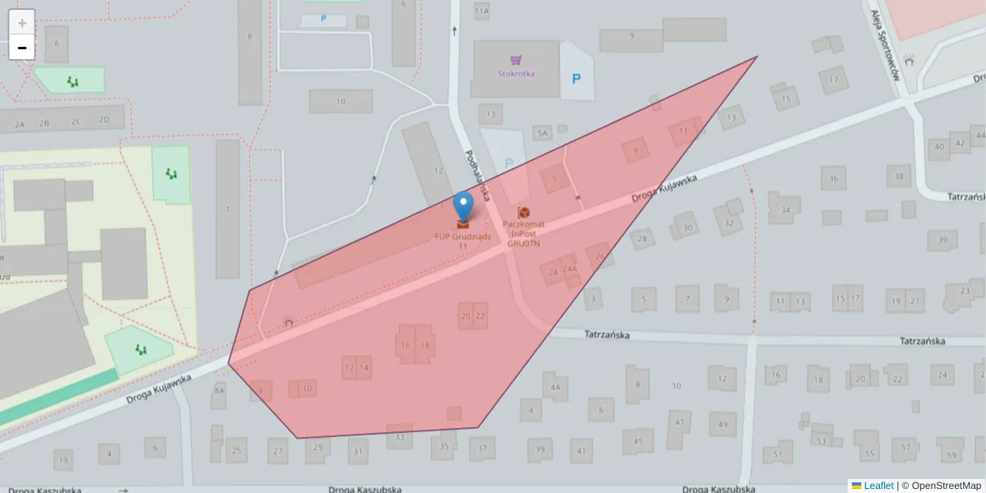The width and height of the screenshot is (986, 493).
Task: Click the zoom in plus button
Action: point(22,22)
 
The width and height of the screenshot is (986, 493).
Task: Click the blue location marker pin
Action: point(463,205)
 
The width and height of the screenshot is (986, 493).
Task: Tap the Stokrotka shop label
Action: point(516,73)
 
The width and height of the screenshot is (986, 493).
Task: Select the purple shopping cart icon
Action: point(516,59)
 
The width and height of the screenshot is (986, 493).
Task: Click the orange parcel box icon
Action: point(523,213)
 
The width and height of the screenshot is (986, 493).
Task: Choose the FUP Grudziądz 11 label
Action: point(463,241)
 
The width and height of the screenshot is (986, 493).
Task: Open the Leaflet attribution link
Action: point(878,486)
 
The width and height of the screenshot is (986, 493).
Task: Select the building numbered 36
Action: point(833,177)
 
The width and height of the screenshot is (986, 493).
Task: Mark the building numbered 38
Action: point(900,176)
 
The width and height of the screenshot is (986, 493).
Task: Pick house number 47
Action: point(680,423)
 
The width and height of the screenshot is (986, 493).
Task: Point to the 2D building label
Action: point(104,120)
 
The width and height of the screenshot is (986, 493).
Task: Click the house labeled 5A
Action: point(541,132)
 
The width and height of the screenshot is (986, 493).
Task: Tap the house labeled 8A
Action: point(219,390)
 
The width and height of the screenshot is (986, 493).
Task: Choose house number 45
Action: point(638,441)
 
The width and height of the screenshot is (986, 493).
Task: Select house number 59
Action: point(951,454)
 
